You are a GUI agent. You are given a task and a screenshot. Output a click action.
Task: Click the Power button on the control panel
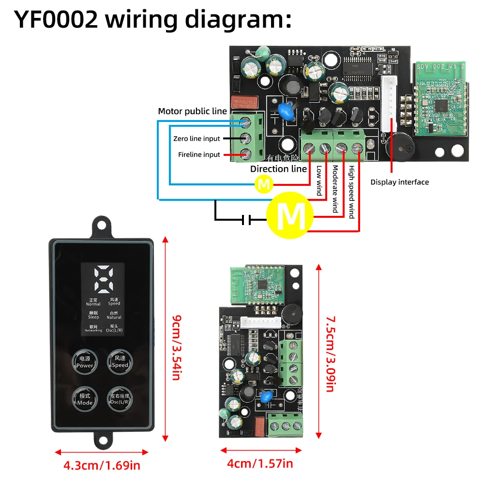coord(85,362)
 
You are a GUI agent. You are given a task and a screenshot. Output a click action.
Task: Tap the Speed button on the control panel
coord(120,362)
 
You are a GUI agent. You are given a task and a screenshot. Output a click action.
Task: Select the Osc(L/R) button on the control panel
coord(120,399)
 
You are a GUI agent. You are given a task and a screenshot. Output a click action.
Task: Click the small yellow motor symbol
coord(264,184)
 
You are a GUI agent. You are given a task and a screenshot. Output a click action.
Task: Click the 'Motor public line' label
coord(192,111)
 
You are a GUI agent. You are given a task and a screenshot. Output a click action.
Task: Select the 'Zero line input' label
coord(197,139)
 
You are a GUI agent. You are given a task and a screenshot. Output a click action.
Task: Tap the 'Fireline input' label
coord(199,155)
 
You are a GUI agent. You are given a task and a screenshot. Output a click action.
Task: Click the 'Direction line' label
coord(278,169)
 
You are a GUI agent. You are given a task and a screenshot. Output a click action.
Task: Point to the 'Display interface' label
coord(400,182)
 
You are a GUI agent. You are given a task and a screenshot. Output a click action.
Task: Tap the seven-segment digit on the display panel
coord(103,279)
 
